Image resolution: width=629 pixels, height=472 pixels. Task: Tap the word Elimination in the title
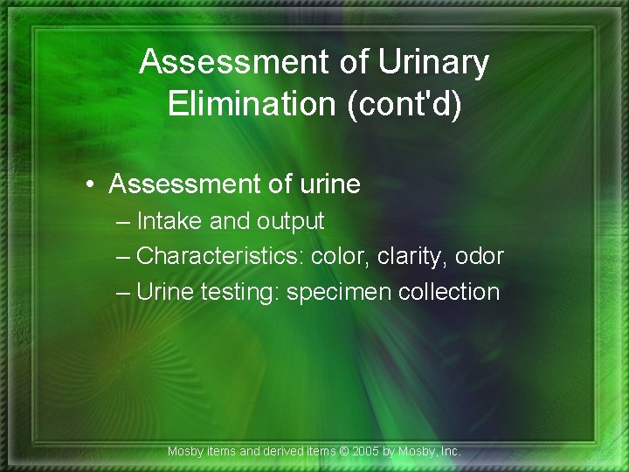248,103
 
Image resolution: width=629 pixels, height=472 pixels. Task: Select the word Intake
170,221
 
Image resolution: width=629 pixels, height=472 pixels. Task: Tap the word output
290,222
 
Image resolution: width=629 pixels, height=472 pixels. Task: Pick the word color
340,256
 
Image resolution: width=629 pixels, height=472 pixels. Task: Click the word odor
480,256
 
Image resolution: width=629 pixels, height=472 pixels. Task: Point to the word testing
238,292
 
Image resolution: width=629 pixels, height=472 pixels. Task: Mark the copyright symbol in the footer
342,452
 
